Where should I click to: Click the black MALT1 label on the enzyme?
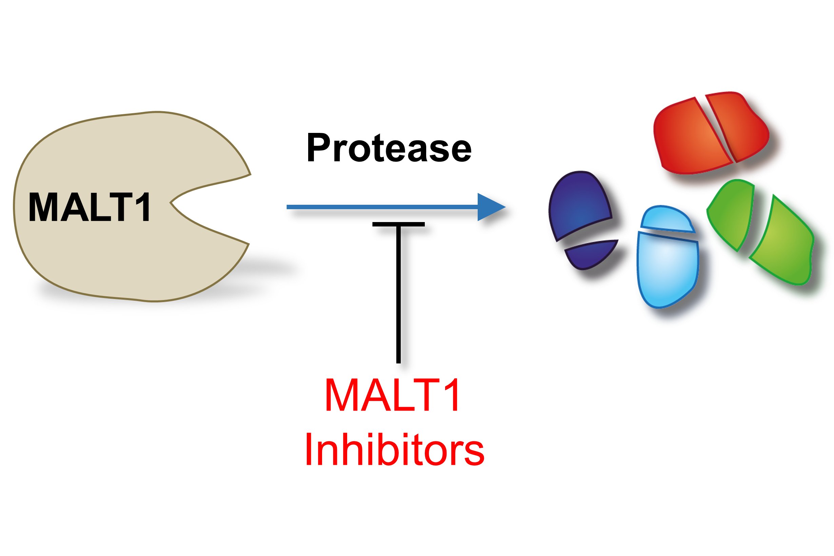pos(90,207)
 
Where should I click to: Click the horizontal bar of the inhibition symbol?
pos(398,224)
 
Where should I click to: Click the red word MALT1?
pos(392,395)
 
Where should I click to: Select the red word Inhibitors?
pos(394,449)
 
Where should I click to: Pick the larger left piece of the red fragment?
pos(692,137)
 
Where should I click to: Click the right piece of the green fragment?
pos(782,241)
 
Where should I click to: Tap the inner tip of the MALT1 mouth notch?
pos(171,203)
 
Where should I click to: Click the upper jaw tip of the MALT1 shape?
pos(251,175)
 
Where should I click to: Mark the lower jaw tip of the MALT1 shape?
pos(249,244)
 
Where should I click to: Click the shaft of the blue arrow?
pos(382,207)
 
